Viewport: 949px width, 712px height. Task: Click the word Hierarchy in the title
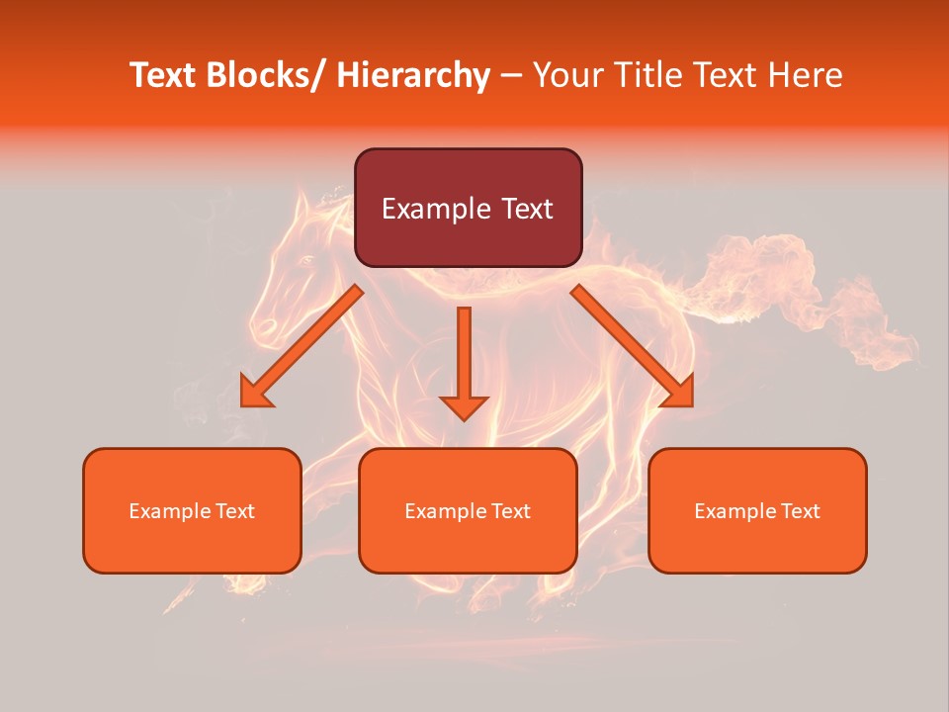click(x=413, y=76)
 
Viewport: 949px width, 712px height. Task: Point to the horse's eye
click(x=306, y=260)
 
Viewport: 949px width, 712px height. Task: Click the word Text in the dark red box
click(x=524, y=209)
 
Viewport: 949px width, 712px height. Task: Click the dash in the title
click(x=511, y=76)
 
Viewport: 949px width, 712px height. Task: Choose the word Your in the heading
click(x=564, y=76)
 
